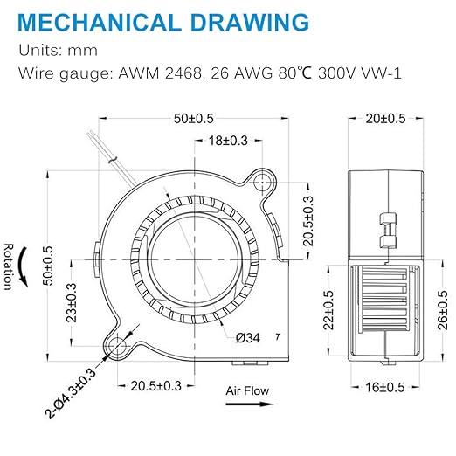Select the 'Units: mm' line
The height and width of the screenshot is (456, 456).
58,51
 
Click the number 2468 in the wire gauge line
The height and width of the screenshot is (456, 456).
183,73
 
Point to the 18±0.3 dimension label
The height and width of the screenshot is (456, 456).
228,141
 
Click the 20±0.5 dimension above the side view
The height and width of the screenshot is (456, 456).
385,119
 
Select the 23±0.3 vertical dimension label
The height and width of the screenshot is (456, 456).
72,302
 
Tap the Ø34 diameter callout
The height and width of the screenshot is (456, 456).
248,338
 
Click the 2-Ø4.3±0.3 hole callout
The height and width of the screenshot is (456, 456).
70,393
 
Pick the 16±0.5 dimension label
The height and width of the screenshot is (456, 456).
385,387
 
